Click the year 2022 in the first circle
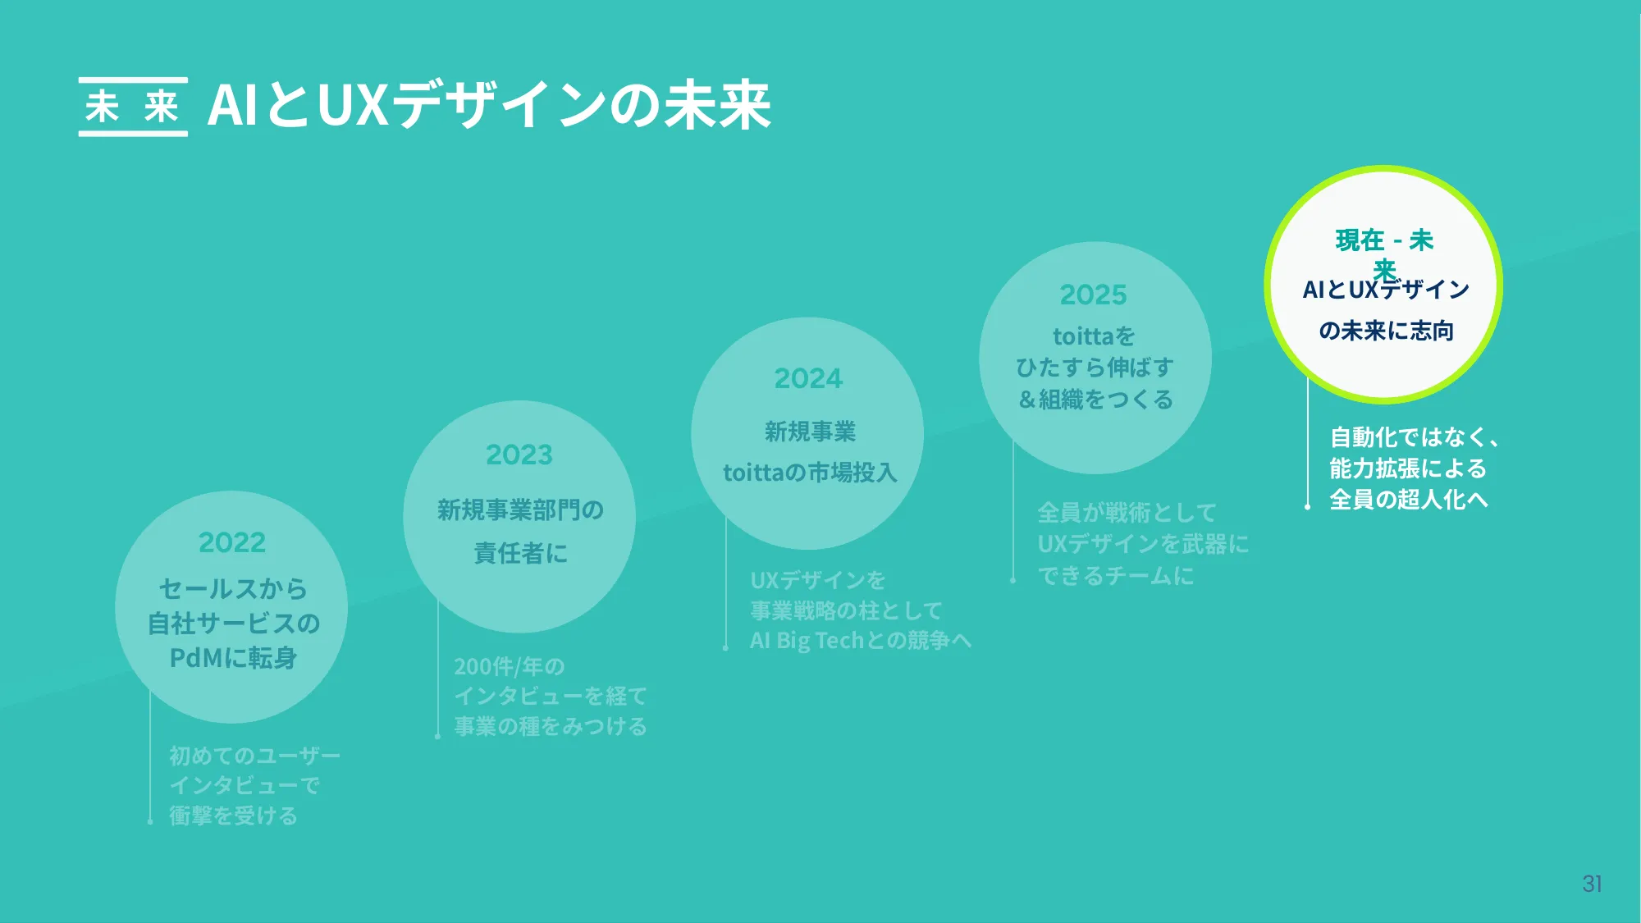[232, 542]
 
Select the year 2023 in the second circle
[519, 455]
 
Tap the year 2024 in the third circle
[808, 378]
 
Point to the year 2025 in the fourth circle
[1093, 295]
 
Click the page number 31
[1592, 884]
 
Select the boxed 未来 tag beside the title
[133, 107]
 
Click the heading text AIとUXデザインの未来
[489, 105]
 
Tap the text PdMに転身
[233, 658]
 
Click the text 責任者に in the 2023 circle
[520, 553]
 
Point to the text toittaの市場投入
[810, 473]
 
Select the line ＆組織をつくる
[1095, 400]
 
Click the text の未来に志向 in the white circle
[1386, 331]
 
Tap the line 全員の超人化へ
[1408, 500]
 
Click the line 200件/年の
[510, 666]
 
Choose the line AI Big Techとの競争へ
[861, 641]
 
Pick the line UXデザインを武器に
[1143, 544]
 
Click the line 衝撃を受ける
[233, 816]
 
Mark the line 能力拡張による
[1408, 468]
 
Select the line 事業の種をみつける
[551, 727]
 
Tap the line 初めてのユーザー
[254, 755]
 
